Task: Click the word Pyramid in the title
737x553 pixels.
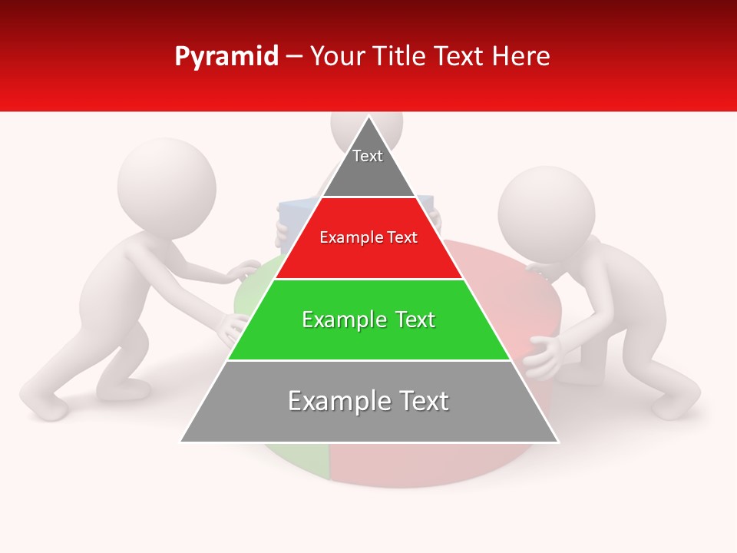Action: [x=226, y=57]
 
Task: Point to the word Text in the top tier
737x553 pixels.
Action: [x=368, y=156]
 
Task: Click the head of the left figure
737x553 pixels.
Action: [x=167, y=187]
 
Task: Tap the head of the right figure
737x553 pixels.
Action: [x=546, y=213]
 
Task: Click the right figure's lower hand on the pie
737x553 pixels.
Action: [x=545, y=357]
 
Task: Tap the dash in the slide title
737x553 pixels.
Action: [x=294, y=57]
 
